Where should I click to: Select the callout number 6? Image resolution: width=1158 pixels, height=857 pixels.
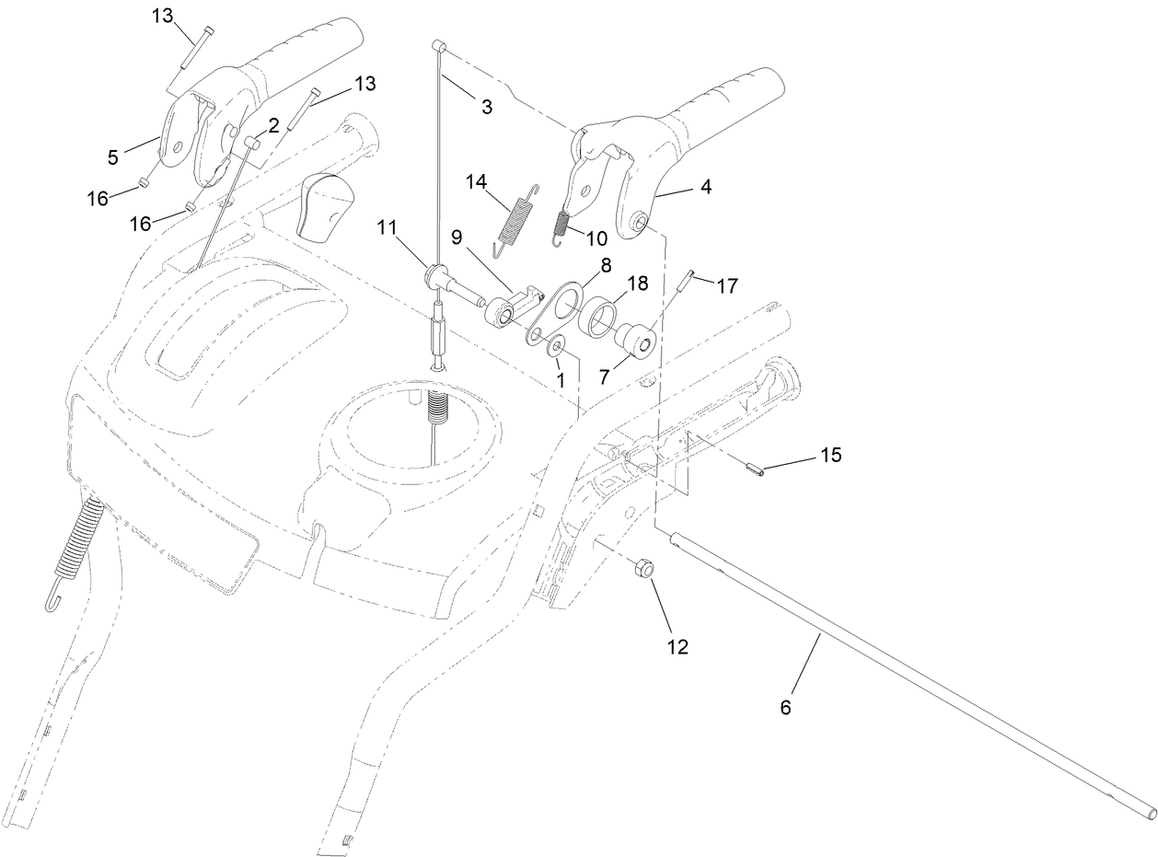click(x=784, y=708)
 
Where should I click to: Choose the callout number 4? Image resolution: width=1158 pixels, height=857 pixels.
click(x=705, y=186)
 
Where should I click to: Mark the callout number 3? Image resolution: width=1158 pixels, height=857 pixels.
click(x=487, y=107)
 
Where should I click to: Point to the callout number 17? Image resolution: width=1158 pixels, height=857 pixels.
click(x=726, y=286)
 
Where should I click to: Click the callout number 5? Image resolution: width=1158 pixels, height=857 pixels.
click(x=112, y=157)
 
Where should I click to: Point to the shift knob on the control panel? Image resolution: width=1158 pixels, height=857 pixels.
click(x=325, y=201)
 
